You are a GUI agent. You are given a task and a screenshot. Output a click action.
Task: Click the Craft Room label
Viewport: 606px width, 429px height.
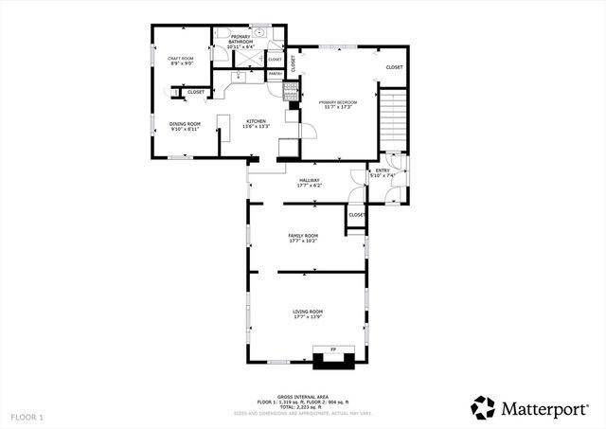[x=180, y=62]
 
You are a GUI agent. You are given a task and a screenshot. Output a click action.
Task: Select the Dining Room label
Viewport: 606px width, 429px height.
[x=186, y=126]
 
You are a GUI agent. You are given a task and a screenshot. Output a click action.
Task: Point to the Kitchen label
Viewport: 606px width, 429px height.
[x=256, y=123]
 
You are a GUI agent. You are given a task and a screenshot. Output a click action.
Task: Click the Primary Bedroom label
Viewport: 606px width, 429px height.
[x=337, y=103]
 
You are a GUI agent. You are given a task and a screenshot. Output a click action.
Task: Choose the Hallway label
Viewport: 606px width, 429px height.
[x=310, y=182]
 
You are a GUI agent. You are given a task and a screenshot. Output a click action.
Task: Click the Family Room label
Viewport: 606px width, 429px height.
[x=303, y=238]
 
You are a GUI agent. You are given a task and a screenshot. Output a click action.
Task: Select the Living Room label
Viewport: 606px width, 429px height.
[x=308, y=313]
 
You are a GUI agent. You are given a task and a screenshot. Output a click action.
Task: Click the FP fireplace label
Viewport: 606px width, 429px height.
[x=333, y=349]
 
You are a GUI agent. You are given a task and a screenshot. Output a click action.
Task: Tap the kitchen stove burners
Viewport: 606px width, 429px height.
[x=292, y=89]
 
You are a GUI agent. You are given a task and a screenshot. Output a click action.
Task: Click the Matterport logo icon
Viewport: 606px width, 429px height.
[x=483, y=407]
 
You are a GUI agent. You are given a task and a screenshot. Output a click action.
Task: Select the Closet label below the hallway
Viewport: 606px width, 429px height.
[x=356, y=215]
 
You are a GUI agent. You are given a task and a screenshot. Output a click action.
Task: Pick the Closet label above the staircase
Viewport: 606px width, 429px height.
[x=394, y=67]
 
